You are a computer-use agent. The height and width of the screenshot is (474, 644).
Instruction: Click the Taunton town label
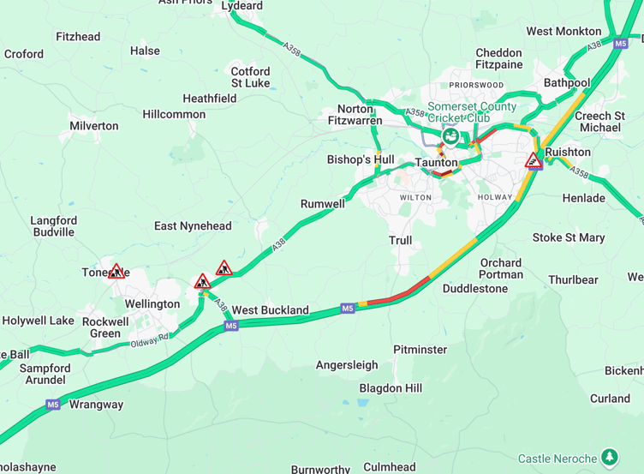coord(437,162)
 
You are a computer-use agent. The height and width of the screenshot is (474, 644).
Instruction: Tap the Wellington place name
coord(152,304)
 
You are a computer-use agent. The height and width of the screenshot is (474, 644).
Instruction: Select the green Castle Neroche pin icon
coord(609,457)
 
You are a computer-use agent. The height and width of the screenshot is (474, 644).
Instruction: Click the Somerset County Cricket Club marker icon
coord(449,135)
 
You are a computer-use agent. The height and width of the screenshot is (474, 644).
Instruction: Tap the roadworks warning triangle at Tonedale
coord(116,272)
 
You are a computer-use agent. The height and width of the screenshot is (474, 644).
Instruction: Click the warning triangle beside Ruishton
coord(534,160)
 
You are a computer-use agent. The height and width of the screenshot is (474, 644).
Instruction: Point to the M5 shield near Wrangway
coord(53,405)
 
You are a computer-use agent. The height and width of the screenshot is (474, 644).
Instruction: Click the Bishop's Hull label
coord(361,159)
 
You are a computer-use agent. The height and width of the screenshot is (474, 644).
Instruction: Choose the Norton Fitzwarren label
coord(355,115)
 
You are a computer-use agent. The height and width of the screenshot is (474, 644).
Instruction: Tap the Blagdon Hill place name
coord(391,388)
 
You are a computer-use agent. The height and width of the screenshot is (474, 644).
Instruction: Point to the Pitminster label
coord(420,350)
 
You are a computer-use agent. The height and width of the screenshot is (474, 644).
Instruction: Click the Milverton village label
coord(94,126)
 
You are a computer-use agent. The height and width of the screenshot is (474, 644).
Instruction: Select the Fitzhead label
coord(78,37)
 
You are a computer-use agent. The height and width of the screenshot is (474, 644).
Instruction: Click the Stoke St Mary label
coord(569,237)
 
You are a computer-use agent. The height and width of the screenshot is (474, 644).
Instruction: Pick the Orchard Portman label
coord(501,268)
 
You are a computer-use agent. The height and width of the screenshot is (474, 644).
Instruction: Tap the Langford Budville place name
coord(53,226)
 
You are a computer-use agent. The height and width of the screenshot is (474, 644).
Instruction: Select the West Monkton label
coord(563,32)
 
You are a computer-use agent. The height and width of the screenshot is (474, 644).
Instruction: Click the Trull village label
coord(400,241)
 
